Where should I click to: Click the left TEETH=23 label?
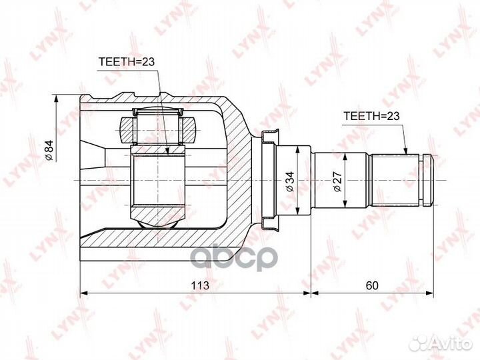[x=127, y=62]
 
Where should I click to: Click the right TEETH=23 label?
[x=371, y=116]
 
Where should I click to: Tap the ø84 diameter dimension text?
[x=49, y=150]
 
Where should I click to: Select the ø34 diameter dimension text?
[x=289, y=181]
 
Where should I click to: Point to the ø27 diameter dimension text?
[x=337, y=181]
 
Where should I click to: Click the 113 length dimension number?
[x=199, y=285]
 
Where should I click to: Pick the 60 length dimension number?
[x=372, y=285]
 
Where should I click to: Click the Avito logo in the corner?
[x=441, y=343]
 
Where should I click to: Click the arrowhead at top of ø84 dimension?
[x=56, y=99]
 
